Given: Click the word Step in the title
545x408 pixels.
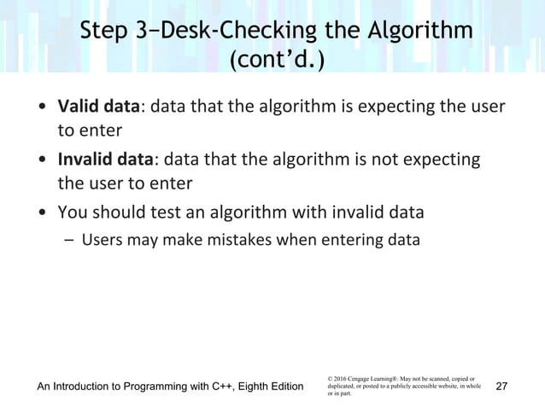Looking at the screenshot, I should (106, 32).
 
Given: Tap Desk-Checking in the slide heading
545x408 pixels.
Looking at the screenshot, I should (234, 32).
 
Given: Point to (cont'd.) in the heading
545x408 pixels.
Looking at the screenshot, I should (272, 63).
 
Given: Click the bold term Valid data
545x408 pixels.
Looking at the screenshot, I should (98, 108).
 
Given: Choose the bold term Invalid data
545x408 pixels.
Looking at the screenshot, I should (106, 160).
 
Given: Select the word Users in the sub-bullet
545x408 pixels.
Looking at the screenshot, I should (101, 240).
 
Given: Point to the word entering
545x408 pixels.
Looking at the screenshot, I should (345, 240).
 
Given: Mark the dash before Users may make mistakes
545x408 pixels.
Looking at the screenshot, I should (69, 240).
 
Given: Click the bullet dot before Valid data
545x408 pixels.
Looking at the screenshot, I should (41, 109).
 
